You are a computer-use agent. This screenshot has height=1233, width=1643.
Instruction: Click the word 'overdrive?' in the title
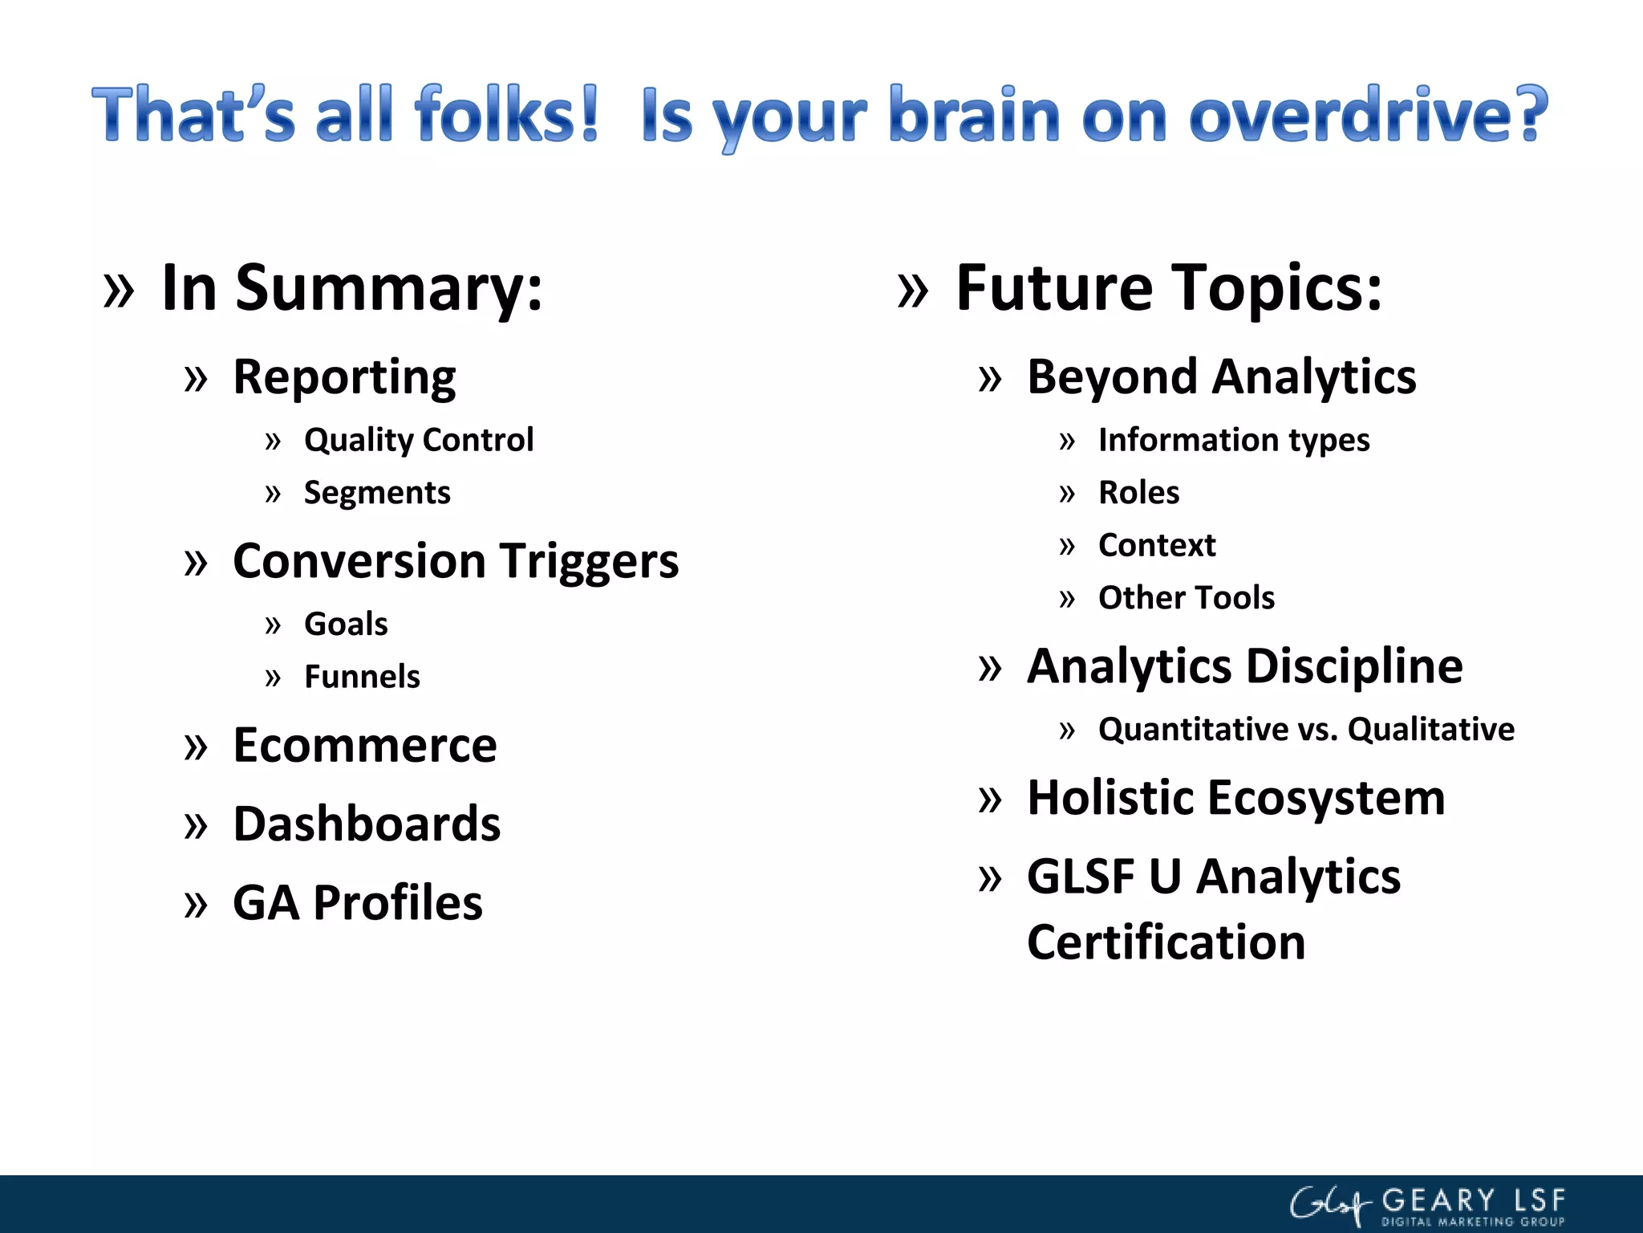pyautogui.click(x=1368, y=116)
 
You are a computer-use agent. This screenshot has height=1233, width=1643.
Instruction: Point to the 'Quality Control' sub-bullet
pyautogui.click(x=419, y=440)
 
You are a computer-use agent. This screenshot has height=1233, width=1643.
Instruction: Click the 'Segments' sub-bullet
pyautogui.click(x=377, y=493)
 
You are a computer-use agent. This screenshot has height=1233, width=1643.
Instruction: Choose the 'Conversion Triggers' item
pyautogui.click(x=456, y=560)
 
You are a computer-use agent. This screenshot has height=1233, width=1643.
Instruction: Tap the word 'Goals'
pyautogui.click(x=346, y=624)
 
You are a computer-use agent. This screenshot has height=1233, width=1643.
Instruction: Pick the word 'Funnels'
pyautogui.click(x=362, y=677)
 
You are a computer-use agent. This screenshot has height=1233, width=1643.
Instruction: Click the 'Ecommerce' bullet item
pyautogui.click(x=365, y=745)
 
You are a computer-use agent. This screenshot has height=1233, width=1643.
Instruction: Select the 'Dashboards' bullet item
pyautogui.click(x=367, y=824)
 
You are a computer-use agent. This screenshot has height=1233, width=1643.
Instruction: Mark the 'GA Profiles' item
pyautogui.click(x=358, y=902)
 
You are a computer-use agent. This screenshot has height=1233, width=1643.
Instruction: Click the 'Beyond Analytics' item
pyautogui.click(x=1221, y=377)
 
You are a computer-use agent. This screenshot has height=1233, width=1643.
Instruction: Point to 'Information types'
pyautogui.click(x=1234, y=440)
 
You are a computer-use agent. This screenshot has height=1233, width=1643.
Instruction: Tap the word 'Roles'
pyautogui.click(x=1138, y=493)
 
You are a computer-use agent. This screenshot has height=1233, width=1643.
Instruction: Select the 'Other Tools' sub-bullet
pyautogui.click(x=1186, y=598)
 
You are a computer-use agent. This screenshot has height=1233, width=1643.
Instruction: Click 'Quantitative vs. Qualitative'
pyautogui.click(x=1306, y=730)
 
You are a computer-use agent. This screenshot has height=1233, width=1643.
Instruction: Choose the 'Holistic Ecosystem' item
pyautogui.click(x=1235, y=798)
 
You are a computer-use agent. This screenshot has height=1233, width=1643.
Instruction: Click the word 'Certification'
pyautogui.click(x=1166, y=942)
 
